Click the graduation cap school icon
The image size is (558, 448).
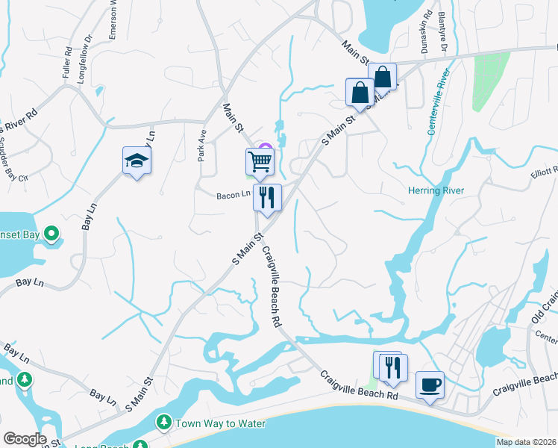click(137, 161)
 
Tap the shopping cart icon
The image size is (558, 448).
click(260, 161)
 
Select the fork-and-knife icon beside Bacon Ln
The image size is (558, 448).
click(266, 197)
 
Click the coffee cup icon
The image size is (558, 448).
click(430, 385)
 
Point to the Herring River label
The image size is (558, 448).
click(436, 191)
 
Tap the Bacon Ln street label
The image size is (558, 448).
click(233, 196)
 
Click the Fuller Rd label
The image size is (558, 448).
click(68, 63)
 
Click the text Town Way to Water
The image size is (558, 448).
click(220, 423)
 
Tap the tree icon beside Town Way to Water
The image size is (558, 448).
click(163, 423)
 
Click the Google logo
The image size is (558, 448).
click(25, 439)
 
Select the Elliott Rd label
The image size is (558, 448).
click(545, 171)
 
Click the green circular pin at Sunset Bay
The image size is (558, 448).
click(51, 235)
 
